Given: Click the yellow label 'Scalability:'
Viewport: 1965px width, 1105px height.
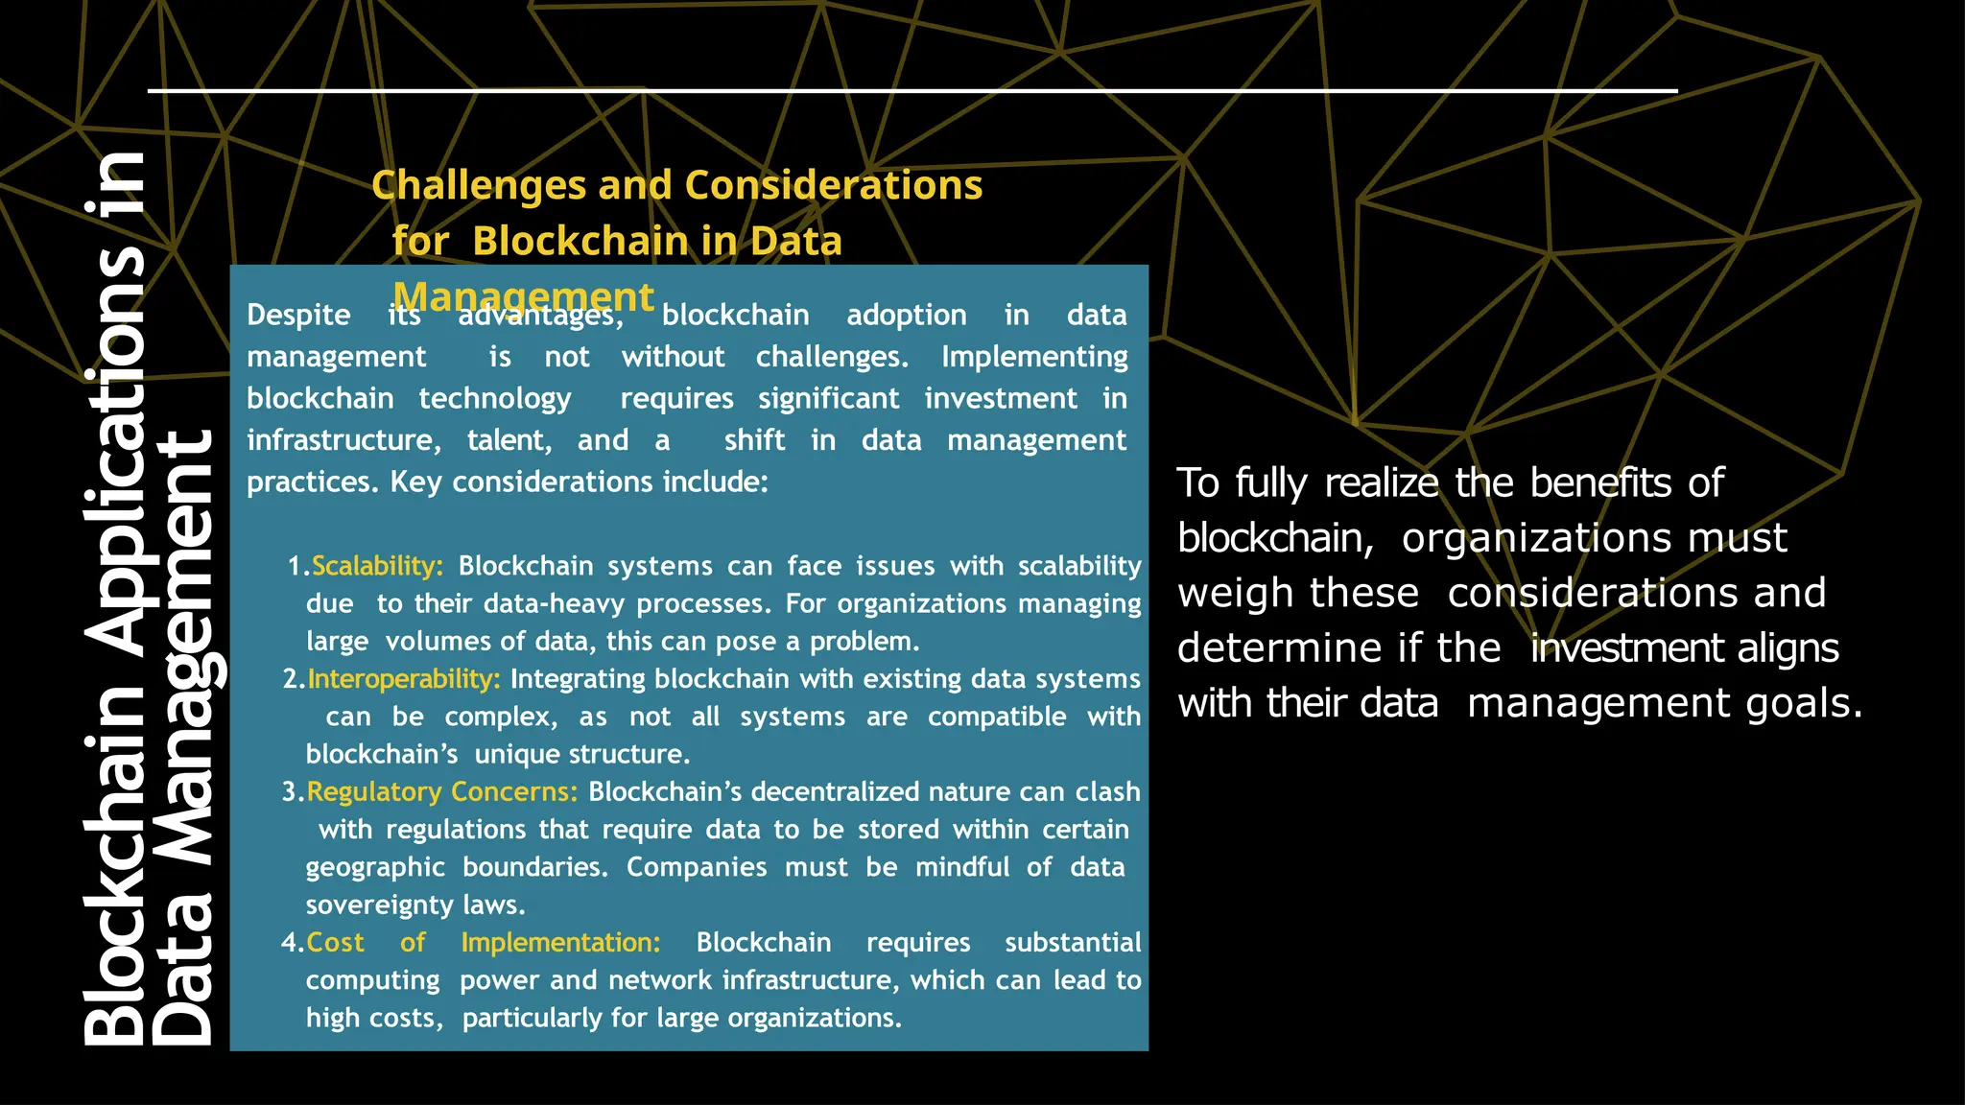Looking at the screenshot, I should (377, 566).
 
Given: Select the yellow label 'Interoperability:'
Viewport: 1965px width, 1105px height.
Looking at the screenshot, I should (404, 679).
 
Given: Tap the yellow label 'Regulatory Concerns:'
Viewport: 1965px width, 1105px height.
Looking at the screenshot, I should (442, 792).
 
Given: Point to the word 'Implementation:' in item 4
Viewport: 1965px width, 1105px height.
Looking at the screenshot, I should (560, 943).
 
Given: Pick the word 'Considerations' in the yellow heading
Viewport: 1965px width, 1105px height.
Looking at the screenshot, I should (833, 185).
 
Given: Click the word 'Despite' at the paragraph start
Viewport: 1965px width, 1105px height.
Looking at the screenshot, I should (298, 316).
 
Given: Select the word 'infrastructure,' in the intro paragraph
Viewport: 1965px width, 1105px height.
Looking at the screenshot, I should (343, 440).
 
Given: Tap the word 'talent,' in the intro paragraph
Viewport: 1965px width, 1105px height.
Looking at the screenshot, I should (509, 440).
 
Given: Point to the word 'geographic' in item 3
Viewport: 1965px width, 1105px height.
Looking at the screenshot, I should (375, 867).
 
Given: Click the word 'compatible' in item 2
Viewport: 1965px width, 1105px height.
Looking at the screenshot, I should (997, 717).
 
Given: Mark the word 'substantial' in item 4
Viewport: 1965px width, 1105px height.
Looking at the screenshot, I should (1073, 943).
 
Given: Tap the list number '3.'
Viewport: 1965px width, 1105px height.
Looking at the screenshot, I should (293, 792).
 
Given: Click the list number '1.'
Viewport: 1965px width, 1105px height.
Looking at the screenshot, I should (298, 566).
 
